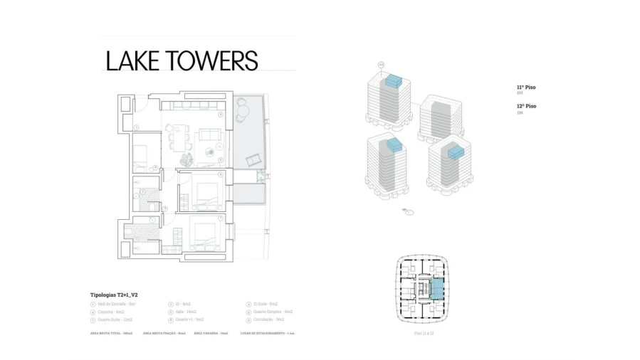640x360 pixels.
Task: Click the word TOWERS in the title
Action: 212,60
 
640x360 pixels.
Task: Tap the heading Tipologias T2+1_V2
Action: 114,295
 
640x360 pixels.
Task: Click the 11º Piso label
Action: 526,88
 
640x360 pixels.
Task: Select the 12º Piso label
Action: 526,106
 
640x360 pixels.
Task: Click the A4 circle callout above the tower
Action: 381,65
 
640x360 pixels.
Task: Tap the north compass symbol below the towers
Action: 408,210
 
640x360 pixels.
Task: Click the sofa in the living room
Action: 209,134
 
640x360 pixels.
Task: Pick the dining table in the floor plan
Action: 177,136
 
